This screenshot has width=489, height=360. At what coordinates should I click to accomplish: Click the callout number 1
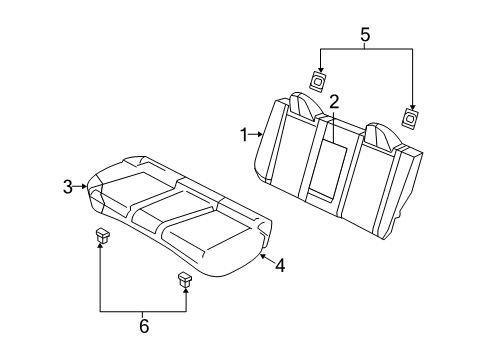[x=243, y=133]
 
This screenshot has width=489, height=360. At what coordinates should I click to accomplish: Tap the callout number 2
[x=334, y=101]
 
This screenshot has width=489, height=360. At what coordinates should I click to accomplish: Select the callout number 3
[x=67, y=186]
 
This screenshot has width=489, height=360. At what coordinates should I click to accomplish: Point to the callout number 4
[x=281, y=265]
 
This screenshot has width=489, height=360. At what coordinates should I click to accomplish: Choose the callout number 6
[x=143, y=325]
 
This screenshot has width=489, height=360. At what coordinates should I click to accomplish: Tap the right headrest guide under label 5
[x=409, y=117]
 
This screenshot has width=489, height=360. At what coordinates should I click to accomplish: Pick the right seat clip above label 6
[x=184, y=278]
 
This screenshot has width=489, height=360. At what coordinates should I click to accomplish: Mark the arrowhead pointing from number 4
[x=262, y=257]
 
